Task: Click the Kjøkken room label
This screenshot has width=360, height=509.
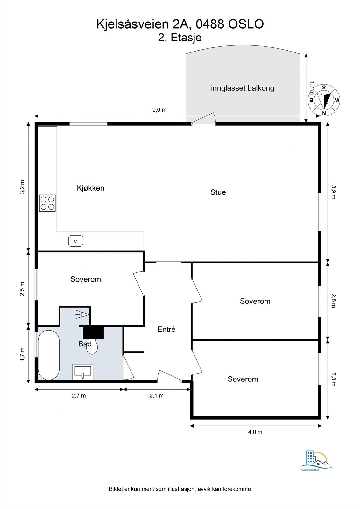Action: (x=90, y=188)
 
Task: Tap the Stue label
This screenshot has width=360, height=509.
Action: (x=218, y=192)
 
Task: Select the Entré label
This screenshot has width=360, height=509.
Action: (x=166, y=329)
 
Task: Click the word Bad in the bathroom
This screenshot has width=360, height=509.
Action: (x=85, y=344)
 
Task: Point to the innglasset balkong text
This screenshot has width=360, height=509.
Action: (x=243, y=88)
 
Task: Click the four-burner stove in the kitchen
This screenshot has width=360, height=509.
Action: (x=47, y=203)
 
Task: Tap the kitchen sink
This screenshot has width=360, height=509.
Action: (x=76, y=241)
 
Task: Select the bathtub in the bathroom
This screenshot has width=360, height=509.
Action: (x=49, y=355)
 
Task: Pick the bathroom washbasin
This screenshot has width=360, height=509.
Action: (x=83, y=372)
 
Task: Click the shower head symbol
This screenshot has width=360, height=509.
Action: (x=82, y=315)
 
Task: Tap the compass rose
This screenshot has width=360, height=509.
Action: (x=324, y=100)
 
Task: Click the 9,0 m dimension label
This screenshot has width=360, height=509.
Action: (x=159, y=110)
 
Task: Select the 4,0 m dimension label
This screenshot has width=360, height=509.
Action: (x=255, y=432)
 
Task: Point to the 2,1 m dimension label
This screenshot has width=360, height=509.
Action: (x=157, y=396)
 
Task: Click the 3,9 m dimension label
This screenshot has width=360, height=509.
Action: (x=333, y=192)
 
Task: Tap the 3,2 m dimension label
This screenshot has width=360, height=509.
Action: (x=22, y=187)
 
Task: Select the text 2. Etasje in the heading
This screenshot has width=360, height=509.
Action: (x=180, y=38)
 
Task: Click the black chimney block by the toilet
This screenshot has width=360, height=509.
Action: (x=93, y=332)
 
